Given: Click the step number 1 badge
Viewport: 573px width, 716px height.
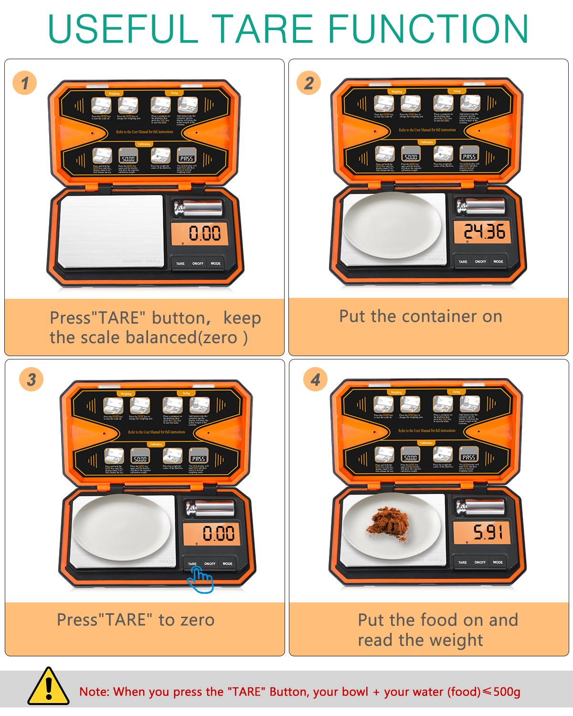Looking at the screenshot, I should click(x=24, y=83).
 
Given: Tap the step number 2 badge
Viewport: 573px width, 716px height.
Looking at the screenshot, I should click(x=308, y=83).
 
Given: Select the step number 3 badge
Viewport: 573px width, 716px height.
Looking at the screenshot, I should click(x=31, y=379).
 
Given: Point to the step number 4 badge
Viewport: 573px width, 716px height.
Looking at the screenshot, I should click(x=315, y=379).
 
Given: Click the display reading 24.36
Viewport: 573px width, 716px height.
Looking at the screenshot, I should click(x=484, y=232).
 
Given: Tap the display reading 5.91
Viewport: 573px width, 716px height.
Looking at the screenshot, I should click(x=487, y=532).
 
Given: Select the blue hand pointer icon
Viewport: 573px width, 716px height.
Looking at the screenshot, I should click(x=201, y=580).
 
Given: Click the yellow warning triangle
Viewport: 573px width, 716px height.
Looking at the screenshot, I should click(x=48, y=687).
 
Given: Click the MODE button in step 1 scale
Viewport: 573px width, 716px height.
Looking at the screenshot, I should click(x=215, y=263).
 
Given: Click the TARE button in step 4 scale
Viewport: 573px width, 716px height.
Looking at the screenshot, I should click(x=462, y=562).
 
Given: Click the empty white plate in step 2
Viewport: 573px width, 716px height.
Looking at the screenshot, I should click(x=392, y=225).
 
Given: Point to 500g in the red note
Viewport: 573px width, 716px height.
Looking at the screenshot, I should click(x=507, y=692).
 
